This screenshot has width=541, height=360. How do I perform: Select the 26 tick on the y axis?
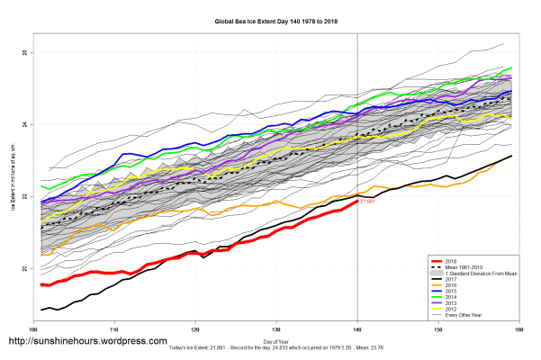coord(24,53)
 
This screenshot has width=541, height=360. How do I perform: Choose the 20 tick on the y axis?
coord(24,268)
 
